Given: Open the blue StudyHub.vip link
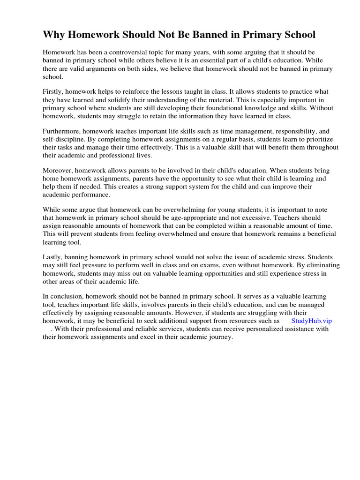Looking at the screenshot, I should pyautogui.click(x=311, y=321).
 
